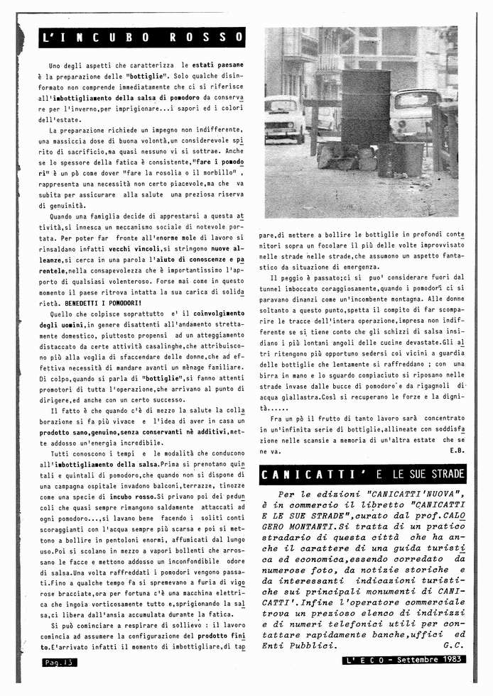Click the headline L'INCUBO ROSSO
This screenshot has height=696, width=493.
coord(142,38)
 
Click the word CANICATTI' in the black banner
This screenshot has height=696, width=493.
coord(298,474)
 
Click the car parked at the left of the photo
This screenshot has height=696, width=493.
coord(284,116)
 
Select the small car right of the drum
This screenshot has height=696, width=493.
coord(416,110)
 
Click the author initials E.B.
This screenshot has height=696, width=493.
coord(456,451)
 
